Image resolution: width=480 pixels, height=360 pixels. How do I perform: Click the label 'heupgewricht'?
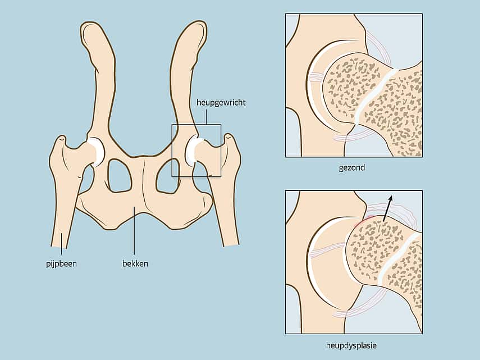221,103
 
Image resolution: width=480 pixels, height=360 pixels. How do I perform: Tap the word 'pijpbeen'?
62,263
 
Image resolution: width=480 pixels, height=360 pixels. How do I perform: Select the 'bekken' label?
135,263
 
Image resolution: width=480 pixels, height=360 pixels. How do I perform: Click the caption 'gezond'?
352,168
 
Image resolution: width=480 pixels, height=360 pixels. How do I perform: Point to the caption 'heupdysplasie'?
351,345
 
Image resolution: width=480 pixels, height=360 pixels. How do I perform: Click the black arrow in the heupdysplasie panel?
387,209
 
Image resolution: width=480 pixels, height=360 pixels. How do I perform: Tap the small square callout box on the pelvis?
196,151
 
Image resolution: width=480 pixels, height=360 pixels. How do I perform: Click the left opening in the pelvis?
120,176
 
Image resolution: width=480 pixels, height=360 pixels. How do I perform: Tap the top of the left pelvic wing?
92,26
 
